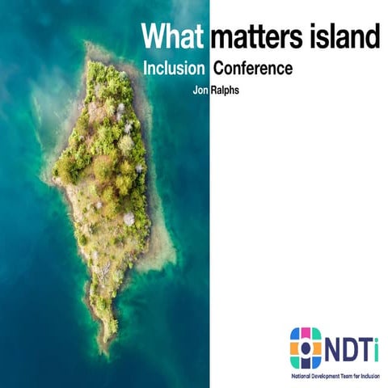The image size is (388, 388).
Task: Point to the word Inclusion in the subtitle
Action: coord(174,69)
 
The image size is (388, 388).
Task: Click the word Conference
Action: coord(252,69)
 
